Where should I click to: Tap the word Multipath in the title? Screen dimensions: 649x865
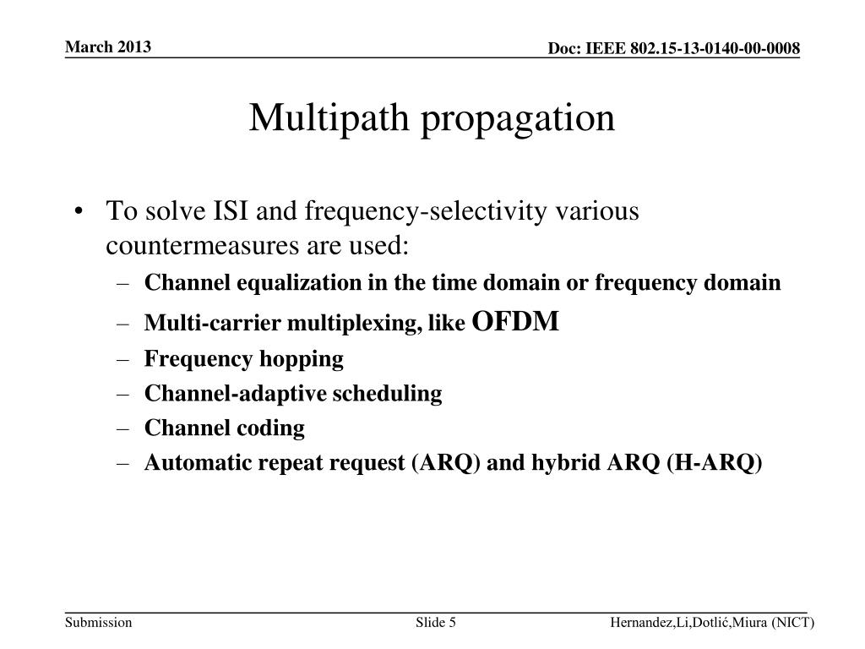(331, 117)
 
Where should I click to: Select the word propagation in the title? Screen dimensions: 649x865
(519, 117)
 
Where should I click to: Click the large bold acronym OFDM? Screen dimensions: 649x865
(515, 321)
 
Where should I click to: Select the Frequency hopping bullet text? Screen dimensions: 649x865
(243, 359)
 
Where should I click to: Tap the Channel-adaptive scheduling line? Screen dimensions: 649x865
(292, 394)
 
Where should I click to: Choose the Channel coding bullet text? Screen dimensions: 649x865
(224, 428)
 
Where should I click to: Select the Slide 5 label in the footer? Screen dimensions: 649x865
(436, 623)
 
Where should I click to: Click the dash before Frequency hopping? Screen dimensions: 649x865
(125, 359)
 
